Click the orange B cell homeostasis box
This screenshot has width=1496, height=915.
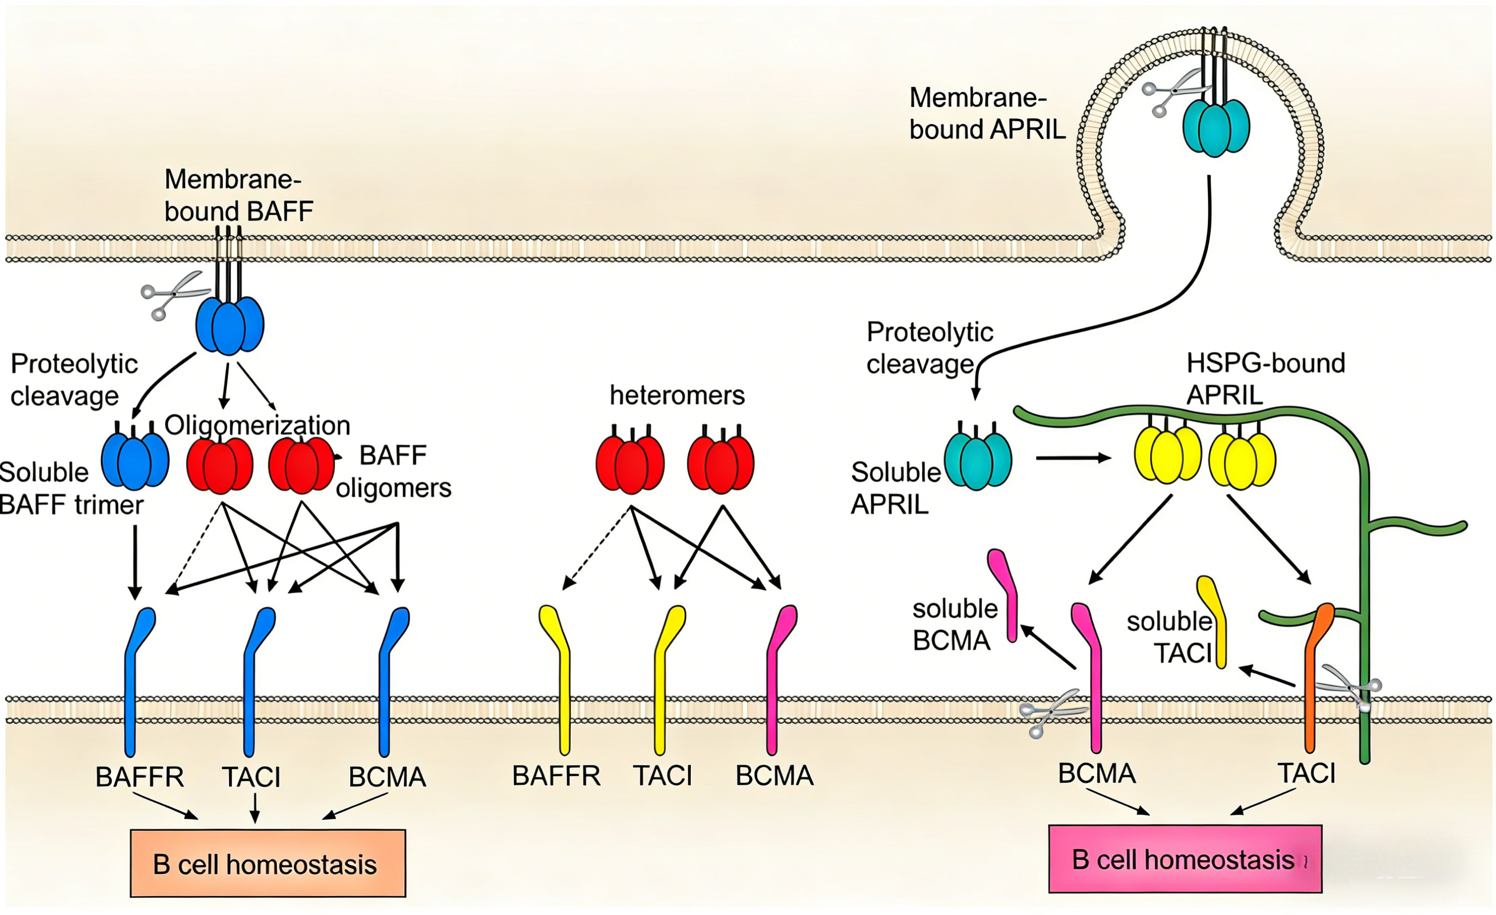coord(268,863)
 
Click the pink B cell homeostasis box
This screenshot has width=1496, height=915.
coord(1185,858)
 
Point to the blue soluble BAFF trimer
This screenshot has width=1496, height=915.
coord(135,461)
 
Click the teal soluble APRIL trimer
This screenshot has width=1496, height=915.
coord(978,460)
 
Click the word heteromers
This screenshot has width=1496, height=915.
coord(677,396)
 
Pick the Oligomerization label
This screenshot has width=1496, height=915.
coord(257,425)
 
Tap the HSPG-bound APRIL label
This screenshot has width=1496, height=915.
coord(1265,379)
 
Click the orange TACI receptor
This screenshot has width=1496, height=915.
coord(1314,680)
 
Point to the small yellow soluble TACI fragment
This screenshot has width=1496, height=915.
coord(1215,622)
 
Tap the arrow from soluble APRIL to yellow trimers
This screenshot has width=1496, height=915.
coord(1072,458)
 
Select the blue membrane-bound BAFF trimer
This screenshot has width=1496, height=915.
coord(230,325)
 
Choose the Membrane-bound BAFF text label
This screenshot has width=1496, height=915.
coord(239,195)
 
